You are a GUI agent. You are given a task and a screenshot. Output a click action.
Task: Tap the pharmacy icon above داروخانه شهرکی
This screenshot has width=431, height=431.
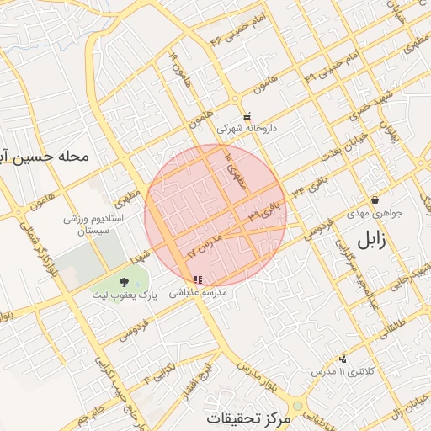click(x=247, y=117)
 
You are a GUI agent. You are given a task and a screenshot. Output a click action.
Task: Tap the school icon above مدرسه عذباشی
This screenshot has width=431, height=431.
click(x=197, y=280)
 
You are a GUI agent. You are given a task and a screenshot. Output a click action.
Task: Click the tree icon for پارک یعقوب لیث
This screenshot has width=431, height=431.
click(x=125, y=282)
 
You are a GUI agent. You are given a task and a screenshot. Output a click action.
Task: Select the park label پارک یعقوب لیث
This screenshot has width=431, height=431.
click(x=124, y=295)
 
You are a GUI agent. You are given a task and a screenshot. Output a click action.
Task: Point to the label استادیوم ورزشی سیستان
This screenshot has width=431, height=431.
click(x=94, y=224)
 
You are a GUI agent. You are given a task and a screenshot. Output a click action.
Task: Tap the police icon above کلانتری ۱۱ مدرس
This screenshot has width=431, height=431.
click(x=342, y=359)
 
